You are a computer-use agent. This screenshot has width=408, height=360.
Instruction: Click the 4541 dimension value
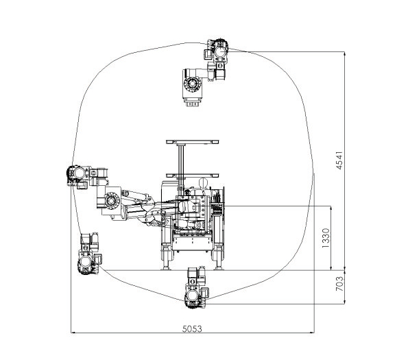click(x=339, y=160)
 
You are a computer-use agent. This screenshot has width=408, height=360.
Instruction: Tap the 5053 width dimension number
click(x=192, y=328)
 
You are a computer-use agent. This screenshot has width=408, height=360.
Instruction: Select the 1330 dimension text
click(x=326, y=238)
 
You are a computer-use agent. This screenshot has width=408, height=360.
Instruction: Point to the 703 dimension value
click(x=339, y=284)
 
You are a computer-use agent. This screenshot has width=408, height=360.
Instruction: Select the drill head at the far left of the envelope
click(x=79, y=176)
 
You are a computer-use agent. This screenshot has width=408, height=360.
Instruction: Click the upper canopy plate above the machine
click(x=193, y=142)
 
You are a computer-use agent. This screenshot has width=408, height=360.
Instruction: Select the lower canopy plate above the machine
click(x=193, y=176)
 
